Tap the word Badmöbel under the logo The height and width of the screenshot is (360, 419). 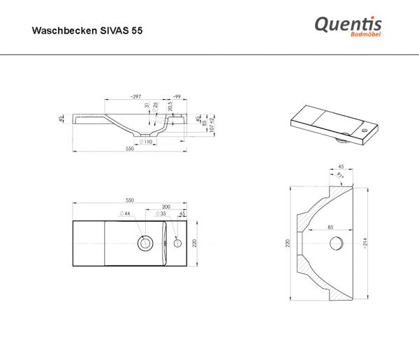tap(364, 36)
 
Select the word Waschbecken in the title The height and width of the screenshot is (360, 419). tap(65, 31)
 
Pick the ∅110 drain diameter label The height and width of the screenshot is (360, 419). tap(146, 142)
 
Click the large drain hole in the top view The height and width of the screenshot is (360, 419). tap(146, 243)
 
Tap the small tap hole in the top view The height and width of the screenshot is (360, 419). tap(177, 243)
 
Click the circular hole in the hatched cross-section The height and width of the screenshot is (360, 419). tap(336, 242)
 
